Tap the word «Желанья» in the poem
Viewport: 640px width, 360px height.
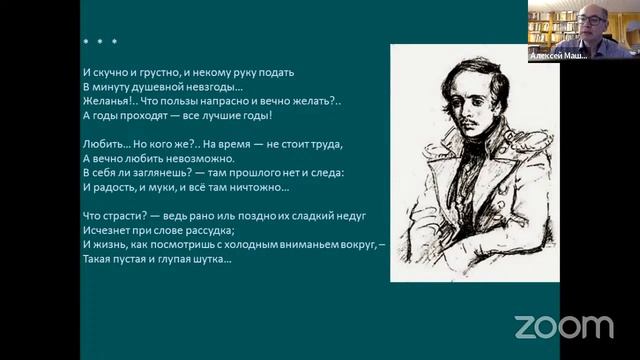(x=106, y=102)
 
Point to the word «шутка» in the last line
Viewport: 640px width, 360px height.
(x=212, y=259)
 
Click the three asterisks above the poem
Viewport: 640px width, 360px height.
(x=99, y=42)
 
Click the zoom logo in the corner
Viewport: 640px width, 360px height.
(x=563, y=326)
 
